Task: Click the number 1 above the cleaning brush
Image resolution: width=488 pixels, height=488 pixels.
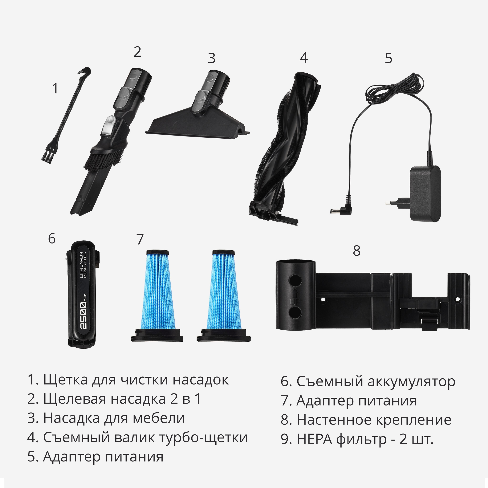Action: (55, 89)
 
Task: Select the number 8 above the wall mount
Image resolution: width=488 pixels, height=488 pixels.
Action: (356, 251)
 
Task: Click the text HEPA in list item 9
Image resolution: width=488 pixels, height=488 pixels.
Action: (314, 439)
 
